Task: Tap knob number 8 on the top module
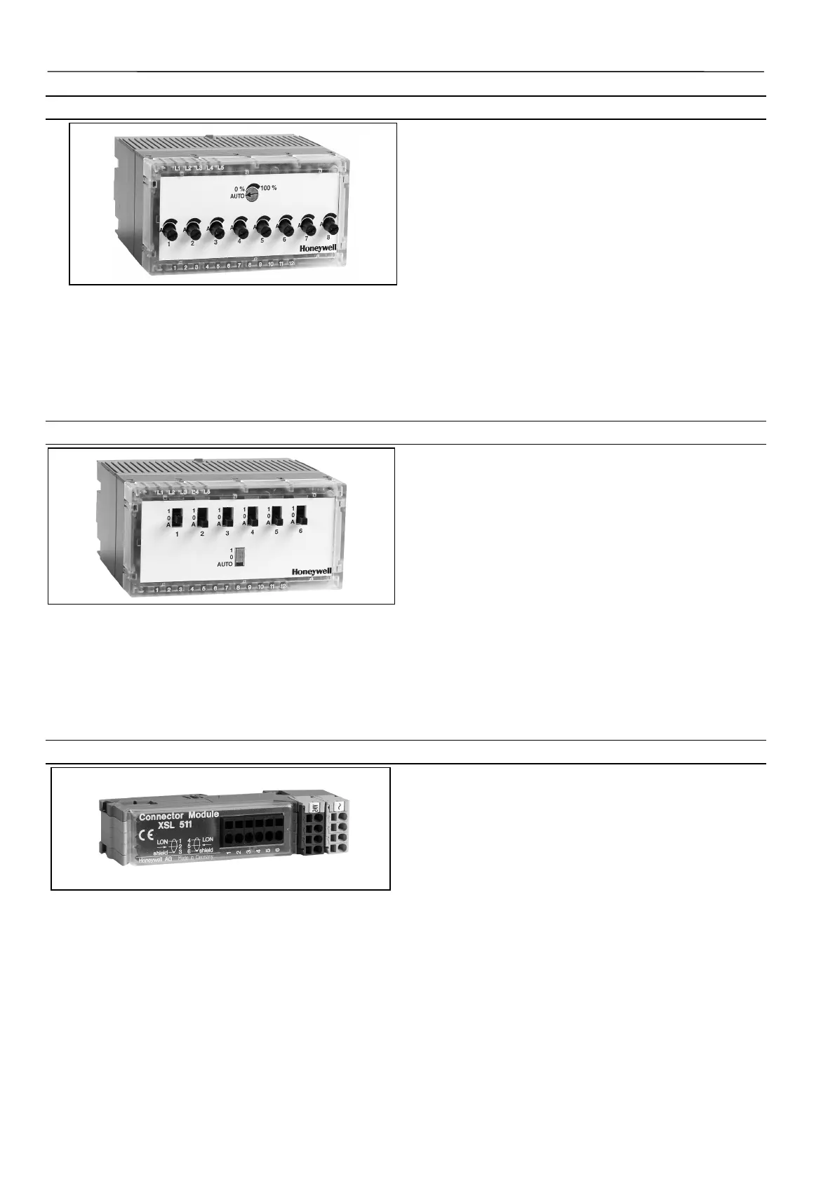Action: (x=329, y=225)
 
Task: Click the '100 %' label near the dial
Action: (x=269, y=188)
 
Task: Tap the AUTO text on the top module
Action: (x=237, y=196)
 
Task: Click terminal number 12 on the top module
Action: (x=291, y=264)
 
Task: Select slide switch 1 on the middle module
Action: (x=177, y=517)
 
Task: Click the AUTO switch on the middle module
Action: (x=240, y=555)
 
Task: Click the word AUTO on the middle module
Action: (x=225, y=564)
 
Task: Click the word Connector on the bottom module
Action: (x=161, y=816)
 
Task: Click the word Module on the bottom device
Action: (x=203, y=815)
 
